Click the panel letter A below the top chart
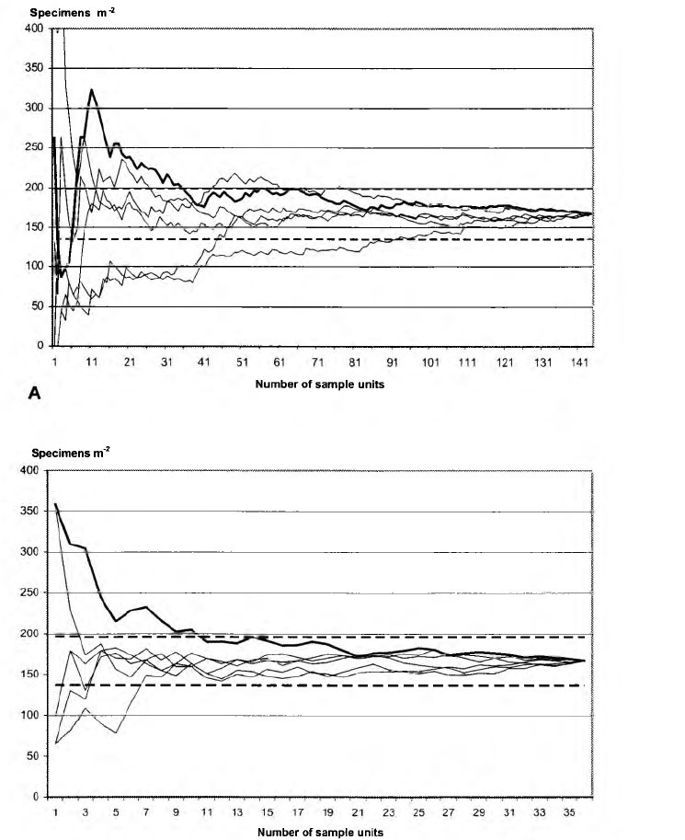34,393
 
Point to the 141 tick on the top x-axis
580,362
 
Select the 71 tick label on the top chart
317,362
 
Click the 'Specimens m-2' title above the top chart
73,12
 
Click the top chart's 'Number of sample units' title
320,384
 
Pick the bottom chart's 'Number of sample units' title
320,832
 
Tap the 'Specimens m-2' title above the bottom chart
71,453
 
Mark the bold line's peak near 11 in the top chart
92,89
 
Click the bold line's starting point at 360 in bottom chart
56,503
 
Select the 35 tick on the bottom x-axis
569,812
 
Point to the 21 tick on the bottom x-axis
358,812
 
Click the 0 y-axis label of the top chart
40,346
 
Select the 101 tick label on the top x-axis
430,362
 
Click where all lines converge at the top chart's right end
591,213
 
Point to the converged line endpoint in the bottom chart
584,661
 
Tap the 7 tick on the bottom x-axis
146,812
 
